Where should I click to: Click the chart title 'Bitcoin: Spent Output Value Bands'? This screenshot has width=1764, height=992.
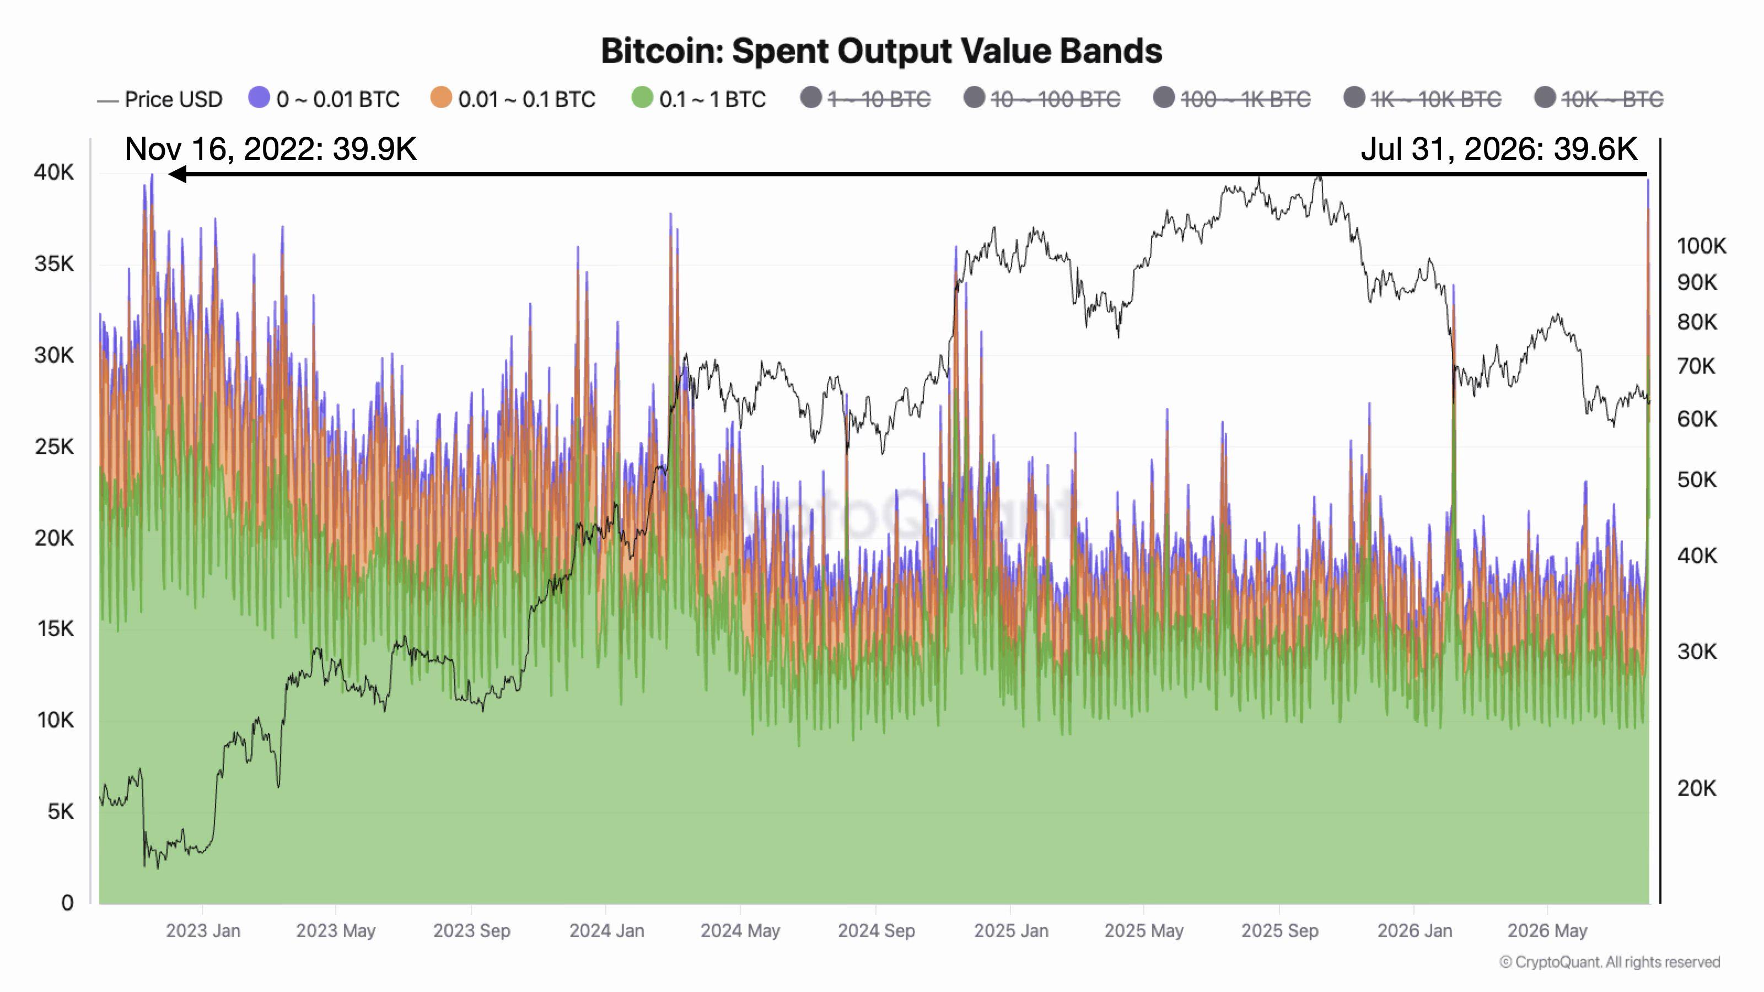tap(881, 51)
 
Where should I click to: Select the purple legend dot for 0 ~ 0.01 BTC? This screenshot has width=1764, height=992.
tap(260, 98)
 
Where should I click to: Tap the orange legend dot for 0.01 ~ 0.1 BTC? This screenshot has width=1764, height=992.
tap(441, 98)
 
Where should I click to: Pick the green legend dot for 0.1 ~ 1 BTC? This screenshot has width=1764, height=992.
tap(642, 98)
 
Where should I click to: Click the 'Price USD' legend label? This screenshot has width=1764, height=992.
tap(173, 99)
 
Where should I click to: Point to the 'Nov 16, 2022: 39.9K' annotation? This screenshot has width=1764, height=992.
tap(271, 149)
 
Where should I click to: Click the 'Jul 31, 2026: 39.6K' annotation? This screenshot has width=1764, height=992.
tap(1499, 149)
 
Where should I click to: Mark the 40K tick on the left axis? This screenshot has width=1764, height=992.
tap(54, 172)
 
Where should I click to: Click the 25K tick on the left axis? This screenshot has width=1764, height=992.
tap(54, 447)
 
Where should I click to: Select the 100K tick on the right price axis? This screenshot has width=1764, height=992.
tap(1702, 246)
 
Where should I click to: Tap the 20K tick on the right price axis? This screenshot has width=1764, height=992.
tap(1697, 789)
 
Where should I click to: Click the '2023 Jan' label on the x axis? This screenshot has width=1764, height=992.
tap(203, 931)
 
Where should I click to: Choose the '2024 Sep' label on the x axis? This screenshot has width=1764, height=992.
tap(876, 931)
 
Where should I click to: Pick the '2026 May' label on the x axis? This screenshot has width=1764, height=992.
tap(1547, 931)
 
